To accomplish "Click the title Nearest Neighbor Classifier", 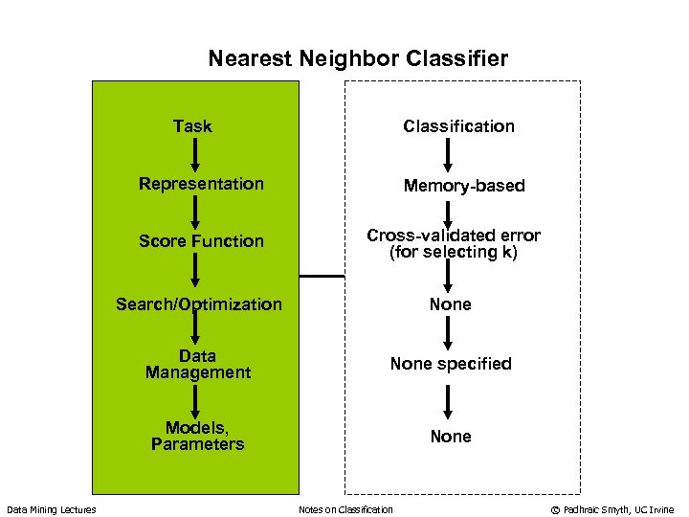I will point(358,58).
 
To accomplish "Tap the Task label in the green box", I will point(192,125).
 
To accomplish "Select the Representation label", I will point(201,183).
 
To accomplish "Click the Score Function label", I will point(201,240).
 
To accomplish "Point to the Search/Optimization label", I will point(199,304).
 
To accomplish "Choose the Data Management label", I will point(197,364).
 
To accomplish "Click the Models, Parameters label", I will point(197,436).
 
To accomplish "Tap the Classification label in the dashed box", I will point(458,125).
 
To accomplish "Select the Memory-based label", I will point(464,186).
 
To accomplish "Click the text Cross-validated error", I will point(454,236).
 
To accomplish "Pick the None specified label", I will point(450,364).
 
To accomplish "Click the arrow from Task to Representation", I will point(195,153).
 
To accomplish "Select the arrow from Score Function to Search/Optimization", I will point(195,272).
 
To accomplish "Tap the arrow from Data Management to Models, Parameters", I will point(195,398).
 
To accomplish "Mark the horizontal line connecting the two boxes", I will point(322,276).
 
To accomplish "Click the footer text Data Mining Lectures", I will point(52,509).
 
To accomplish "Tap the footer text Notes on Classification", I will point(345,509).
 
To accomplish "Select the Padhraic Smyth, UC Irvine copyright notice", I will point(611,509).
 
